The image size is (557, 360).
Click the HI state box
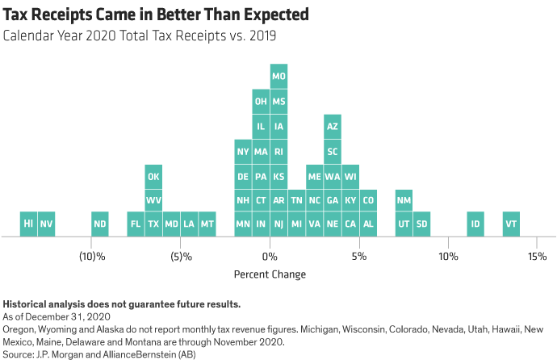click(28, 224)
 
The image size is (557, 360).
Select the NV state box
click(47, 224)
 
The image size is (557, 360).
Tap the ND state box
click(100, 224)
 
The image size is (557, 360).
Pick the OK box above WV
click(153, 175)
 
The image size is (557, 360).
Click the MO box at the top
click(278, 77)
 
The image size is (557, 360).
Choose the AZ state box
click(332, 127)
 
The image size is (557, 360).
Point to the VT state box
click(510, 224)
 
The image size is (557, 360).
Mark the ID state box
click(475, 224)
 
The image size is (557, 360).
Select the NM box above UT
click(404, 199)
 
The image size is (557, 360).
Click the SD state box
click(421, 224)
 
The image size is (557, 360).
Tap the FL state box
click(136, 224)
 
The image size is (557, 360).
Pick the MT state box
click(207, 224)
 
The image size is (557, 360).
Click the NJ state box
click(278, 224)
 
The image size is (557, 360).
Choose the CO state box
click(368, 199)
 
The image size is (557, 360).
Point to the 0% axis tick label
click(270, 256)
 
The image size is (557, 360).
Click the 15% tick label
click(537, 256)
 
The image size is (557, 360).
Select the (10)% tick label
click(91, 256)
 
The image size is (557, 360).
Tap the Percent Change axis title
click(270, 274)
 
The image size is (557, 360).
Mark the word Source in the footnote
click(17, 354)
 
